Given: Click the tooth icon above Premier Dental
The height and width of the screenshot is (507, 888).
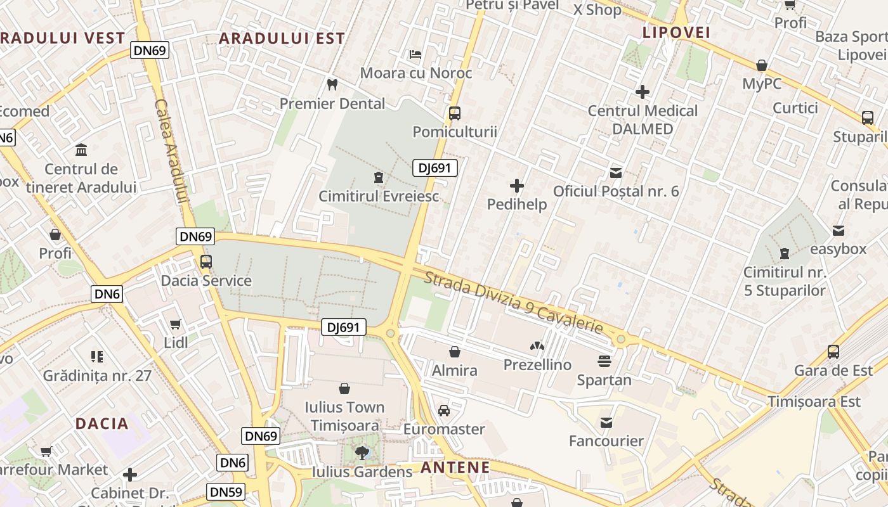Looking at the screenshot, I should click(x=332, y=84).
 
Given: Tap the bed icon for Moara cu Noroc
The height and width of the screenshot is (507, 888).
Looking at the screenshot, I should click(x=416, y=54).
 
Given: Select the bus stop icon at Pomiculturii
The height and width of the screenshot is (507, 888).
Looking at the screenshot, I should click(x=454, y=113).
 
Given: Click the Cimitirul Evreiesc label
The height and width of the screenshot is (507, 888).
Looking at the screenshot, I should click(x=379, y=196).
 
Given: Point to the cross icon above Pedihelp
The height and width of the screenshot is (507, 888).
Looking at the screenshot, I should click(x=517, y=186).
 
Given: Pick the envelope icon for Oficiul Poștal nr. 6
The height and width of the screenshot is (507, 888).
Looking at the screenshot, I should click(x=615, y=172).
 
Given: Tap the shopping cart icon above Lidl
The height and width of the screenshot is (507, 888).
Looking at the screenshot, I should click(x=176, y=324).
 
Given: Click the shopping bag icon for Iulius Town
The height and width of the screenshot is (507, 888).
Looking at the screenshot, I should click(x=344, y=388).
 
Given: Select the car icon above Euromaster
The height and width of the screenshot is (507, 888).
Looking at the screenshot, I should click(x=444, y=410).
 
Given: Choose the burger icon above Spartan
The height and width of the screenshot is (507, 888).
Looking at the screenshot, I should click(x=604, y=361).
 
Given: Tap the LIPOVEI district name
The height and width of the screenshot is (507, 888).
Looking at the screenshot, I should click(x=676, y=32).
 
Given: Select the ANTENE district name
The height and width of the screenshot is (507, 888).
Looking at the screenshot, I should click(x=455, y=468).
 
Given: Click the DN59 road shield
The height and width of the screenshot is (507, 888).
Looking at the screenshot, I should click(x=225, y=492).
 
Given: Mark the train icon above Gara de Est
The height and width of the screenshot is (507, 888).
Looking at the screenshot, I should click(x=833, y=351).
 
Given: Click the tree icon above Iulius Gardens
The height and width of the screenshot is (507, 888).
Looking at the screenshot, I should click(x=362, y=452).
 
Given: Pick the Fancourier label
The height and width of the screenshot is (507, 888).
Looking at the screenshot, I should click(x=606, y=440).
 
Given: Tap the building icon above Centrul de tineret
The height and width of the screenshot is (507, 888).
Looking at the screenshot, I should click(x=81, y=150).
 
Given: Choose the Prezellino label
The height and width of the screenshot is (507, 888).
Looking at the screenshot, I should click(x=537, y=364).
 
